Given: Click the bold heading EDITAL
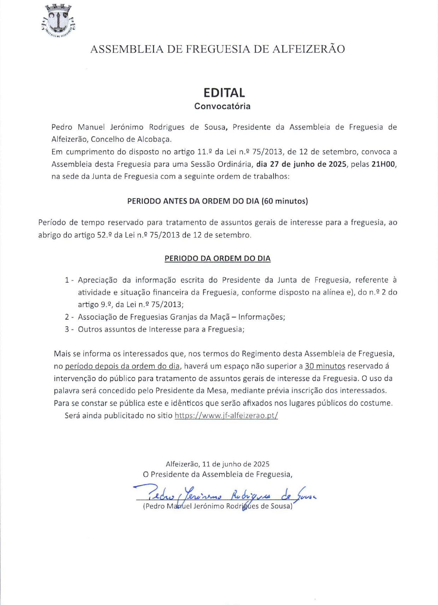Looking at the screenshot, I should click(x=224, y=93).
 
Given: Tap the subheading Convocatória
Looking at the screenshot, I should click(x=222, y=106).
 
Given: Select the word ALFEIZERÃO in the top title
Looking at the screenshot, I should click(x=308, y=49).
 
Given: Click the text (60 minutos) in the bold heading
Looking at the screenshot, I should click(x=284, y=201).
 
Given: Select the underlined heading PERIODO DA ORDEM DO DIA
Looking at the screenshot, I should click(x=218, y=258).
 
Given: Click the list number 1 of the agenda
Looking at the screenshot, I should click(x=67, y=280).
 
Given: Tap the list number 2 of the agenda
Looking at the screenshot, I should click(x=67, y=317).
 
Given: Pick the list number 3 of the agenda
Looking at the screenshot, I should click(x=67, y=329).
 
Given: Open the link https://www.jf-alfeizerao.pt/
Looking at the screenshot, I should click(x=226, y=416).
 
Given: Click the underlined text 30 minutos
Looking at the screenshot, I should click(x=325, y=366).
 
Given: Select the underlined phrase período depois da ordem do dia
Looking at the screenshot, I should click(x=122, y=366).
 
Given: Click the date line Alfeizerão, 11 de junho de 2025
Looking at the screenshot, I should click(x=217, y=464).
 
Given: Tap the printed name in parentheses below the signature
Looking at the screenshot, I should click(x=218, y=506).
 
